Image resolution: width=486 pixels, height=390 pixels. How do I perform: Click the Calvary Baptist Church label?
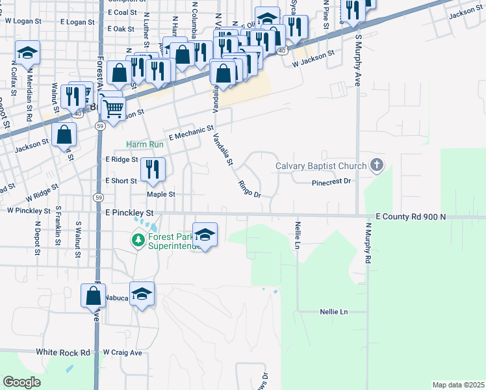[321, 165]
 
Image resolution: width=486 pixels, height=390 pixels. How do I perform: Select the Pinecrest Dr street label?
[331, 182]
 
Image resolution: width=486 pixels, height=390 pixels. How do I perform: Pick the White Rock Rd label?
[62, 352]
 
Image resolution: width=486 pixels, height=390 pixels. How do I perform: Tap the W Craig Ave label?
[122, 352]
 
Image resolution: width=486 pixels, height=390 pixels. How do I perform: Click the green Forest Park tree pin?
[138, 241]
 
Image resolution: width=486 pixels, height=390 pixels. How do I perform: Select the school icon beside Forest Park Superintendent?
[205, 235]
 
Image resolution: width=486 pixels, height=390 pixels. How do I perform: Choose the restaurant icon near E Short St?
[153, 170]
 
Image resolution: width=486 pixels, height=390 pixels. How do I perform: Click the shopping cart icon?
[112, 109]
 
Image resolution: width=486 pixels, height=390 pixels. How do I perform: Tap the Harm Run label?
[144, 144]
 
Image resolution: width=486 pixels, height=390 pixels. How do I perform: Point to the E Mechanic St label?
[191, 133]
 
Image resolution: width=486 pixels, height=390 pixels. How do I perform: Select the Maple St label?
[161, 194]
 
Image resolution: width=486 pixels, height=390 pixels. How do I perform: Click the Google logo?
[22, 382]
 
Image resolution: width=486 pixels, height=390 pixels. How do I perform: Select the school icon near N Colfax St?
[27, 53]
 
